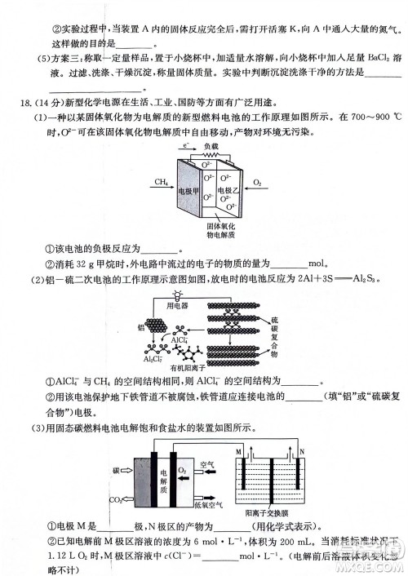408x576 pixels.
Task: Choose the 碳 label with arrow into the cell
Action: pyautogui.click(x=117, y=471)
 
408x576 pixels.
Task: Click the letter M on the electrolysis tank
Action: pyautogui.click(x=239, y=451)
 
